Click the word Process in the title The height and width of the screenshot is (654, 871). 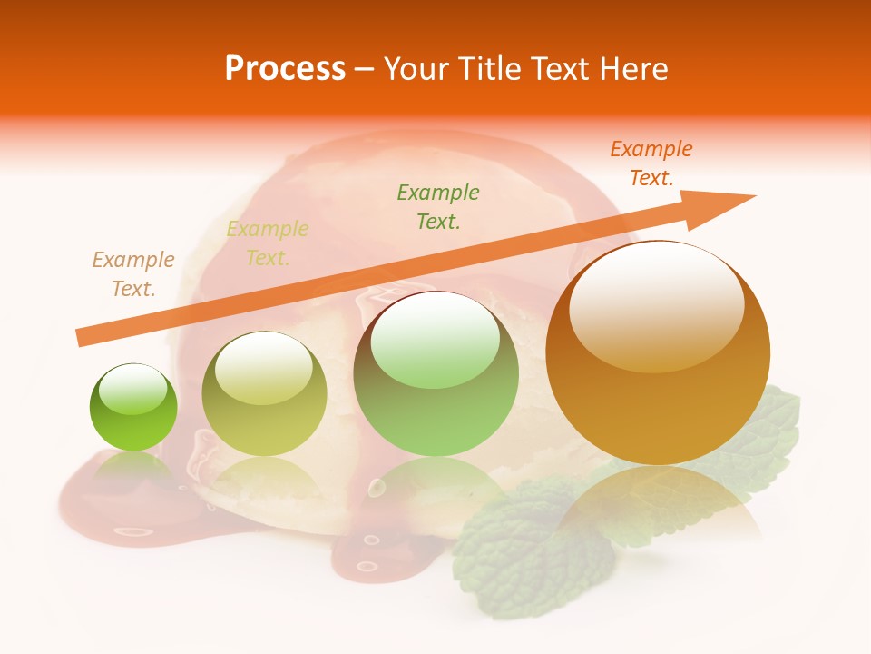tap(285, 69)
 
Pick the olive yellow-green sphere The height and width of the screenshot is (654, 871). tap(264, 395)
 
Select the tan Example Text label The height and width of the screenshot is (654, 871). tap(133, 274)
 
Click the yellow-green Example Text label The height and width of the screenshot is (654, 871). tap(268, 243)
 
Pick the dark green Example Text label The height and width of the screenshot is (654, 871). tap(438, 206)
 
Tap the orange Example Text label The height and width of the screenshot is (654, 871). tap(651, 163)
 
